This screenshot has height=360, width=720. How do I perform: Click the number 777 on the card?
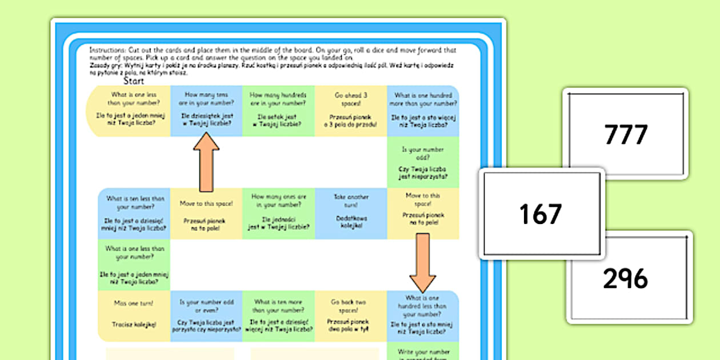(x=626, y=135)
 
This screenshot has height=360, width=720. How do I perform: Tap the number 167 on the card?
(x=541, y=214)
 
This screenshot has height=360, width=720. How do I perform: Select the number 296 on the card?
(x=625, y=278)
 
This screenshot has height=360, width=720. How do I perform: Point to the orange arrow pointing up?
(x=206, y=162)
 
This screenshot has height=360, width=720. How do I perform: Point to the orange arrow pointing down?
(x=423, y=262)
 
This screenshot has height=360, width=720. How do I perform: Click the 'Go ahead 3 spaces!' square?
(x=351, y=111)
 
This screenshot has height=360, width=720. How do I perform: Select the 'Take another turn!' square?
(x=351, y=214)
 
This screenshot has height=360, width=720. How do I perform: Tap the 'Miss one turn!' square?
(x=134, y=315)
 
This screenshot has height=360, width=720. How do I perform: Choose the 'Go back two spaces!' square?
(x=351, y=315)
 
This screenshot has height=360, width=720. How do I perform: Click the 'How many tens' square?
(x=206, y=111)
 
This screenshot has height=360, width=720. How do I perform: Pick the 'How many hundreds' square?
(x=278, y=111)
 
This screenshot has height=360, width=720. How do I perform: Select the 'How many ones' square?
(x=278, y=214)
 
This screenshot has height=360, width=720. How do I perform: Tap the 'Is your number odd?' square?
(x=423, y=163)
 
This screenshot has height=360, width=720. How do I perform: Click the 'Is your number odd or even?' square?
(x=206, y=315)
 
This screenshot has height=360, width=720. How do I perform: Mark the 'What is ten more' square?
(x=278, y=315)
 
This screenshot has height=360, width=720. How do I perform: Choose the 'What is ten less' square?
(x=134, y=214)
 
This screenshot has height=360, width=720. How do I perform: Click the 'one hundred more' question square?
(x=423, y=111)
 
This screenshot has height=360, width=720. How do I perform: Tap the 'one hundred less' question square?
(x=423, y=315)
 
